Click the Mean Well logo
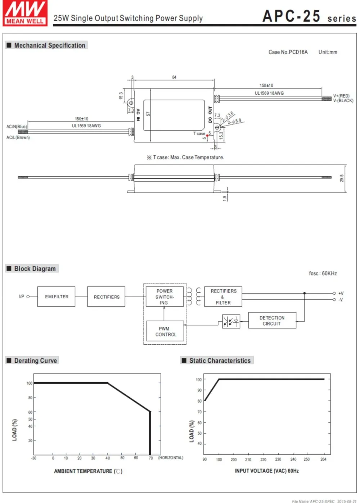(x=25, y=13)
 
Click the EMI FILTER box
(x=56, y=296)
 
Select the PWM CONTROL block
(x=165, y=331)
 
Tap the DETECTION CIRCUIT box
(x=272, y=321)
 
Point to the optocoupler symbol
(x=231, y=322)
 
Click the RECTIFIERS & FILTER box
(x=223, y=296)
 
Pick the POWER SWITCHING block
(x=165, y=296)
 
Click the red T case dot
(x=207, y=136)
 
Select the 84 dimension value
(x=174, y=77)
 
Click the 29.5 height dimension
(x=342, y=178)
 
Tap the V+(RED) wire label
(x=341, y=96)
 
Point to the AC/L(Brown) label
(x=18, y=137)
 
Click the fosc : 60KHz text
(x=323, y=273)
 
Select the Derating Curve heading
(x=36, y=361)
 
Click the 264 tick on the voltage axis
(x=323, y=459)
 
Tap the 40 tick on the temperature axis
(x=108, y=458)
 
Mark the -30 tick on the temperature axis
(x=33, y=458)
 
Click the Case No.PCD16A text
(x=288, y=52)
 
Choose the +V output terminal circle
(x=334, y=293)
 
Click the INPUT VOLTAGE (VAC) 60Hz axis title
(x=267, y=471)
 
